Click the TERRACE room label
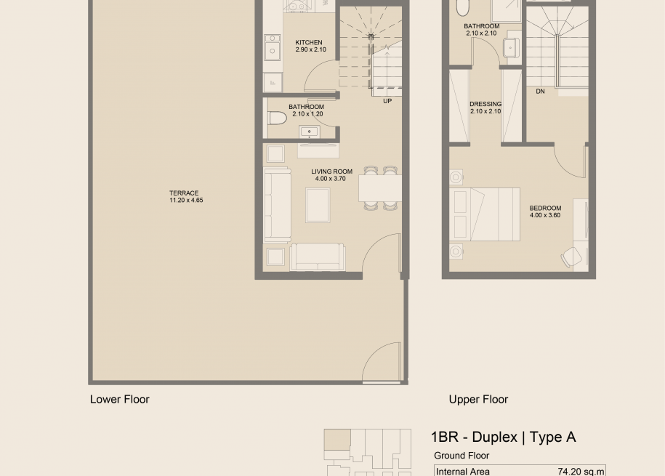tap(184, 193)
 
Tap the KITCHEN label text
tap(309, 42)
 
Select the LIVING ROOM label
tap(331, 172)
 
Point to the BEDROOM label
tap(545, 209)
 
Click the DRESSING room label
tap(485, 104)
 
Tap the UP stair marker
tap(387, 101)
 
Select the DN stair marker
tap(540, 92)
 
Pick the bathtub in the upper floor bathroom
tap(462, 7)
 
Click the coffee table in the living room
tap(318, 206)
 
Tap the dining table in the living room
tap(380, 188)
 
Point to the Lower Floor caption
tap(120, 399)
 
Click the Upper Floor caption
tap(478, 399)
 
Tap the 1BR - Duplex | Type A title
tap(504, 437)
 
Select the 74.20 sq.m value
tap(581, 472)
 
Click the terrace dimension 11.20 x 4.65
tap(186, 201)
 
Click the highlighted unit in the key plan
tap(337, 440)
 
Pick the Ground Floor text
tap(462, 456)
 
